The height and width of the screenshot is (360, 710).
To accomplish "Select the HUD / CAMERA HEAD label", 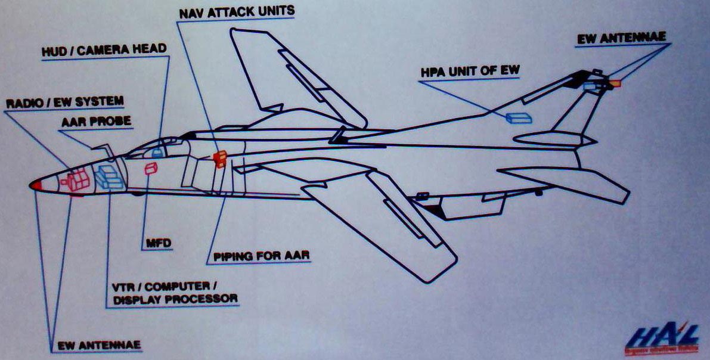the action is [x=103, y=51].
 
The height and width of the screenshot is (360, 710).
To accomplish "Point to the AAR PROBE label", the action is [x=96, y=122].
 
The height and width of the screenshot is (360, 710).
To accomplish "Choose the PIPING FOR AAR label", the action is [x=259, y=257].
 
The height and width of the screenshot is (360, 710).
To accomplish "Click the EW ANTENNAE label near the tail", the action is [x=621, y=39].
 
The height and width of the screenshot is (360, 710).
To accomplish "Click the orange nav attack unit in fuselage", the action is [x=219, y=158].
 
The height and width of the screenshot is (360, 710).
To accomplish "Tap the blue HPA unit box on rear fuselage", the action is [x=518, y=118].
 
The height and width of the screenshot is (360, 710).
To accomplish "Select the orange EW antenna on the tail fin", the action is [x=615, y=83].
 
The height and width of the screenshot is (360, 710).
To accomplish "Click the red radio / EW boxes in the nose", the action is [x=77, y=181].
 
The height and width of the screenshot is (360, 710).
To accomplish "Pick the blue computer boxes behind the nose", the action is [x=109, y=177].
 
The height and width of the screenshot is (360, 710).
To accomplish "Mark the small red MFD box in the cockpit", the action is [x=151, y=169].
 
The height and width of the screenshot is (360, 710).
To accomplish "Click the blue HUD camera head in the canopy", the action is [x=157, y=153].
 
